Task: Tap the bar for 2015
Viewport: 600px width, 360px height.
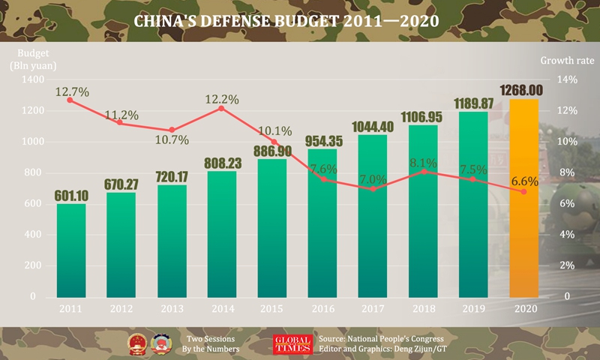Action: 274,229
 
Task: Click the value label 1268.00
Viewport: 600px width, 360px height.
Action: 525,89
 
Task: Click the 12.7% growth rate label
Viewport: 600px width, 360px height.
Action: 71,91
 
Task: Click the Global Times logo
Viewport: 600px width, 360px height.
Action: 292,343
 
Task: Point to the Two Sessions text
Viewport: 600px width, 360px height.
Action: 213,338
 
